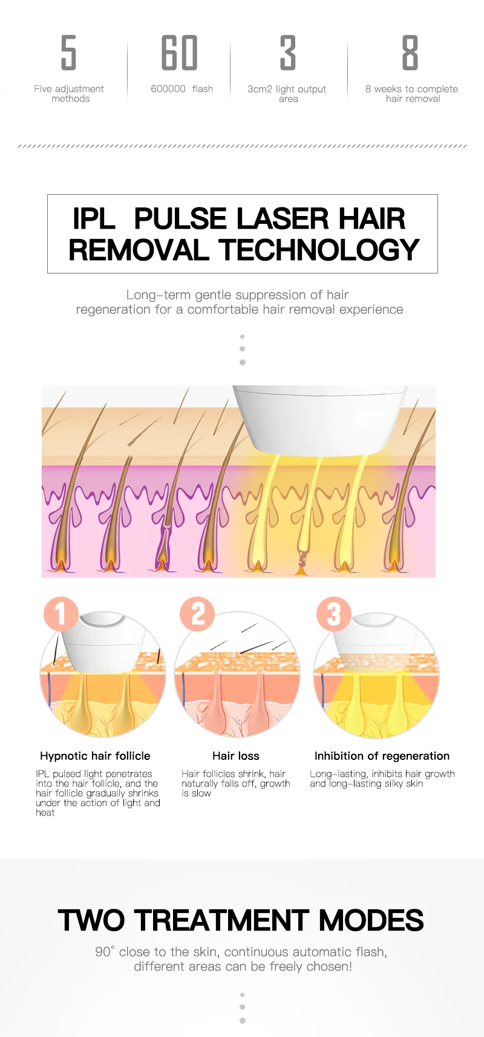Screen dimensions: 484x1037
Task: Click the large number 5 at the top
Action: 69,53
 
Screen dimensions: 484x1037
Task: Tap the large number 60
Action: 179,53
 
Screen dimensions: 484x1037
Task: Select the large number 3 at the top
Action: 287,53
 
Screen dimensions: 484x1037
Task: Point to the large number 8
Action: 410,53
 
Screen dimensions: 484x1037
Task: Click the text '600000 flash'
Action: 181,89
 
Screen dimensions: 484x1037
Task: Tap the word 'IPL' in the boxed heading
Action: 94,219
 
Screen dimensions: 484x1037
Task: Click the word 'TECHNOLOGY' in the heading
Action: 319,250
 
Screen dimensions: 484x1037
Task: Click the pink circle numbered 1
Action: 60,614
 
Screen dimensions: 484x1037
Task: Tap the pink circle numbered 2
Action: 198,614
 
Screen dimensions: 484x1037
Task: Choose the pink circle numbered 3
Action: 333,614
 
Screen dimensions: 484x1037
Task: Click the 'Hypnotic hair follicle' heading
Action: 95,756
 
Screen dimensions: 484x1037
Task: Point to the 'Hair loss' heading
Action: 236,756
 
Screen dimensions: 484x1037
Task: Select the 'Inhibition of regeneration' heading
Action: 382,756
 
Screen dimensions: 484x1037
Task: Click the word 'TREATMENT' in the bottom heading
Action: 222,920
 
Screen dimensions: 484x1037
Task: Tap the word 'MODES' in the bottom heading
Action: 371,920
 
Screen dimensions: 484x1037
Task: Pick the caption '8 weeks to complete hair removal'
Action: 411,94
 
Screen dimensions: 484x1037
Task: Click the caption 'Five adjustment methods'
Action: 69,94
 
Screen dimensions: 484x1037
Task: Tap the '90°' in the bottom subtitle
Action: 105,952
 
